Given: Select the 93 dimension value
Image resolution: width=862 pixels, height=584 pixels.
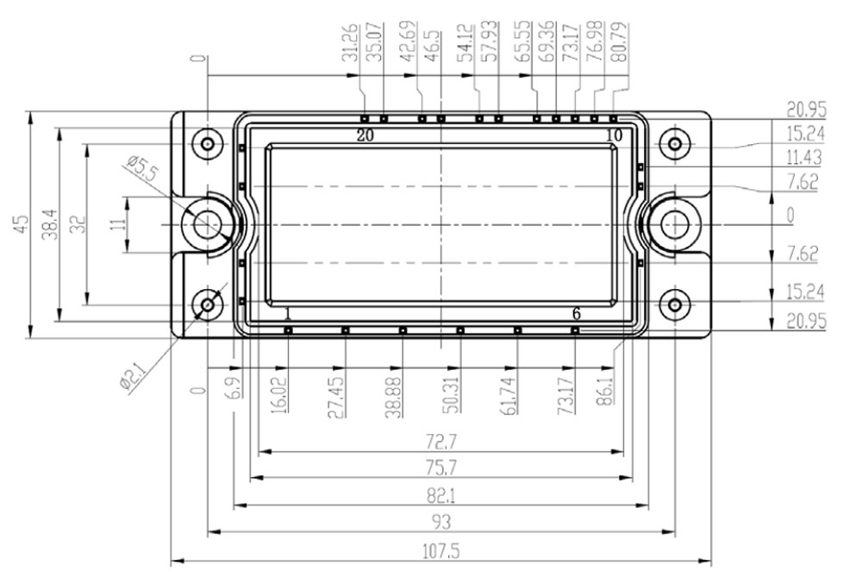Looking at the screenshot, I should click(440, 522).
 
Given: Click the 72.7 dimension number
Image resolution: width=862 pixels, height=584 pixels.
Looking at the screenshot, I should click(440, 441).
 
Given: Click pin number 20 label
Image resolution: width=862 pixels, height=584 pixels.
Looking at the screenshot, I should click(365, 135).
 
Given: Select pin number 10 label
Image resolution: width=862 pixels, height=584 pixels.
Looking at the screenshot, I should click(614, 135).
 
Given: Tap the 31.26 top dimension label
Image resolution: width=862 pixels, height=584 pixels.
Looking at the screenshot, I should click(350, 41).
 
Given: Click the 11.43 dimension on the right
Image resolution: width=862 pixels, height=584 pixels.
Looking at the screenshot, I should click(803, 157).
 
